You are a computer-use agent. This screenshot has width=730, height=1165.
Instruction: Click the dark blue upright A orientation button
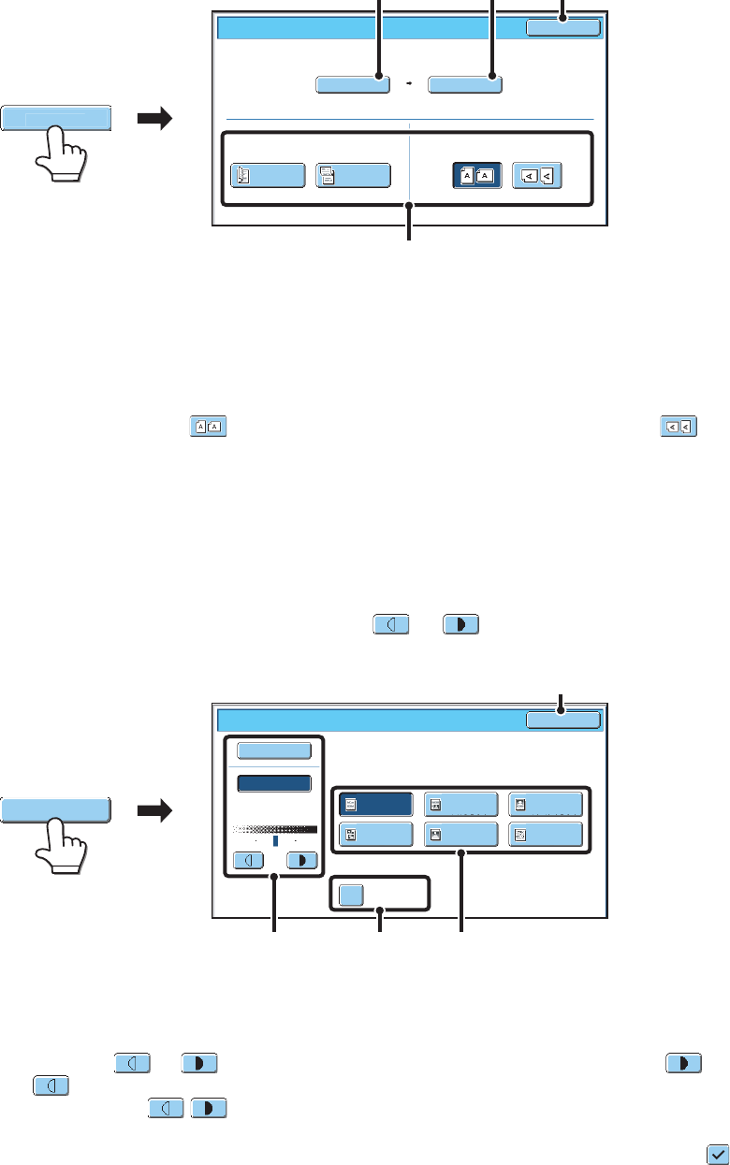[x=477, y=176]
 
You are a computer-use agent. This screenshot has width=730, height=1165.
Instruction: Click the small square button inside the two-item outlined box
[x=350, y=895]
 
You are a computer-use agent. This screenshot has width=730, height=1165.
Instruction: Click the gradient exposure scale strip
[x=275, y=829]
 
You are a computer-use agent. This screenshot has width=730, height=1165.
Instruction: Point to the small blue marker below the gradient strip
[x=275, y=841]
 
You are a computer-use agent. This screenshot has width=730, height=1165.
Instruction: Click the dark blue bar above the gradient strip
[x=274, y=783]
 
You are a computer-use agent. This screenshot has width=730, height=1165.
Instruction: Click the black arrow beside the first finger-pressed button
[x=155, y=119]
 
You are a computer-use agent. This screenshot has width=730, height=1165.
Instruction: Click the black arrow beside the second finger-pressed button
[x=155, y=811]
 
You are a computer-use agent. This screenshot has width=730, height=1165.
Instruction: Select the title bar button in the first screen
[x=562, y=27]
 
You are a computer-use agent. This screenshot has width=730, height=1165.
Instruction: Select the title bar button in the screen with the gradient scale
[x=562, y=720]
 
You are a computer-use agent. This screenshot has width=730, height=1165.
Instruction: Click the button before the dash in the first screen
[x=353, y=85]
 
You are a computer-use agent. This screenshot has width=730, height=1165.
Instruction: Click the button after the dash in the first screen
[x=465, y=85]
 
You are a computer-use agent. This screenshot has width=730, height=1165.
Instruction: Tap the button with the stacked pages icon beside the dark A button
[x=353, y=176]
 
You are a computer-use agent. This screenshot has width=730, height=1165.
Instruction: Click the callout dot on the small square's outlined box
[x=380, y=908]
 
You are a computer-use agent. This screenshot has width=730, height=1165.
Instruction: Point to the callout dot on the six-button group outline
[x=460, y=852]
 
